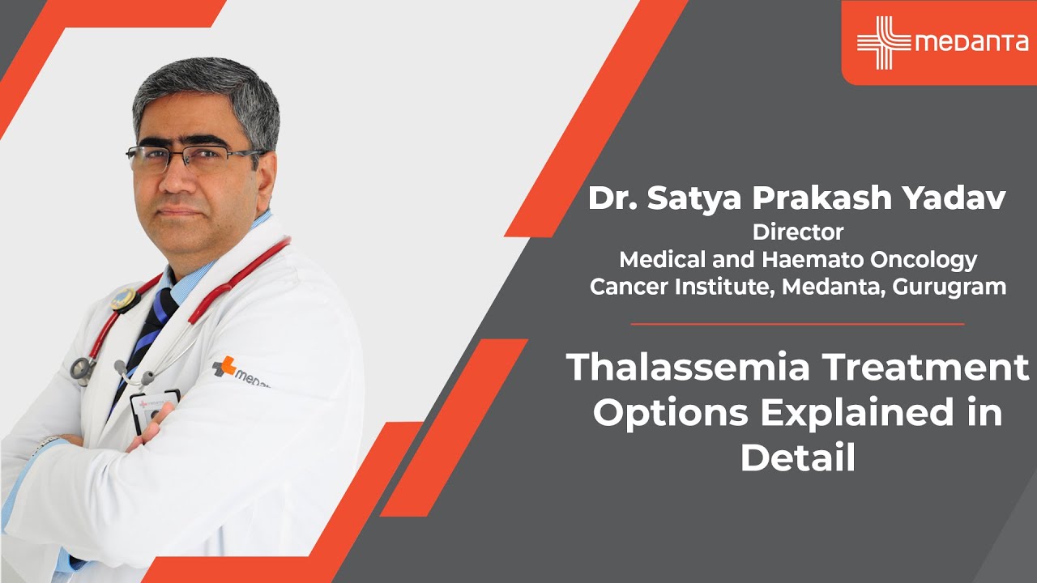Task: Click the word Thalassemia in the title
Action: point(687,368)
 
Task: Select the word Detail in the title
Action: point(797,458)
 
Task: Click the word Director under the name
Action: point(797,232)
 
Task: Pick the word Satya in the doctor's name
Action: point(684,199)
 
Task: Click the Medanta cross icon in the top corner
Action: point(883,42)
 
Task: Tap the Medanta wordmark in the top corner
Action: point(971,43)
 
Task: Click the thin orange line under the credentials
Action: point(797,324)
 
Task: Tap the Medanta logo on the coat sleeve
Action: point(240,371)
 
